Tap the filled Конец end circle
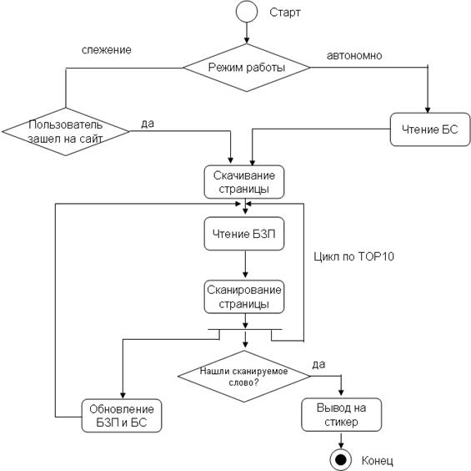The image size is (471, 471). point(341,459)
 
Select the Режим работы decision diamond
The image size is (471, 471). point(247,68)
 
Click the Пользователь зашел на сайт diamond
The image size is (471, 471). point(66,131)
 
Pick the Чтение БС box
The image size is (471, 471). point(430,129)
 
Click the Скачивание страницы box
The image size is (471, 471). point(244,182)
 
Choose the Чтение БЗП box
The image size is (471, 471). point(244,234)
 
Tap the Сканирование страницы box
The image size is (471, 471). point(244,296)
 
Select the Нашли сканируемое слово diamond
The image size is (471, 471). point(244,376)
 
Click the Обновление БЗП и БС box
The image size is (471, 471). point(122,416)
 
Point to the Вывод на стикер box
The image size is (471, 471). point(342,415)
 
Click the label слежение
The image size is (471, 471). point(107,49)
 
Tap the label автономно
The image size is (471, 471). point(354,56)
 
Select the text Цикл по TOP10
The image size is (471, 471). point(353,256)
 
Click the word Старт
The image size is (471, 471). point(285,13)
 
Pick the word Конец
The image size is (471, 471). point(378,460)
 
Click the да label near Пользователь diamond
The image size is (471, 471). point(148,123)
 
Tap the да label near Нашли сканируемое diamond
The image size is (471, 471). point(318,364)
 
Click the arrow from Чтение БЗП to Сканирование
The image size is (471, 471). point(245,264)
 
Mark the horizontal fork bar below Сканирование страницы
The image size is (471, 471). point(245,330)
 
